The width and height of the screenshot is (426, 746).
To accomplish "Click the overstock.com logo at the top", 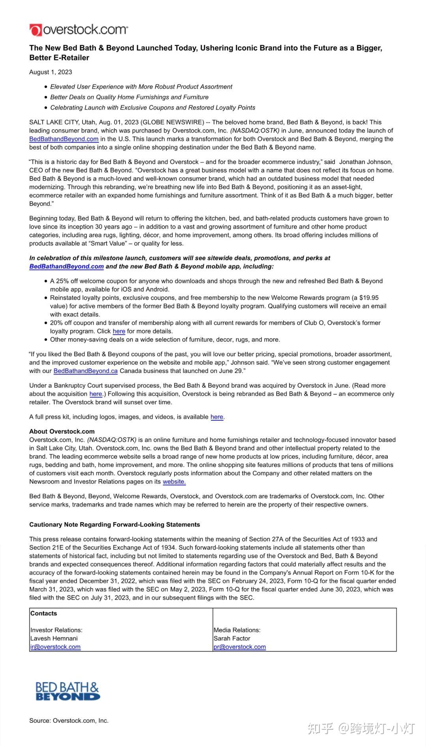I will (78, 30).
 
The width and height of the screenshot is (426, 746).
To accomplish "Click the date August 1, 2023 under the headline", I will (50, 72).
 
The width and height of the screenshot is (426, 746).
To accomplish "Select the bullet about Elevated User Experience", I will (141, 86).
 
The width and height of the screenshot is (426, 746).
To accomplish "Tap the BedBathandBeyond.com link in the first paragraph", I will (64, 139).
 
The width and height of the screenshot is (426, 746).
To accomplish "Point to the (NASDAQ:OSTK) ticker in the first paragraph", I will (255, 131).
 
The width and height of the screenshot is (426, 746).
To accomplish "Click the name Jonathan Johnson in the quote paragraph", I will (366, 162).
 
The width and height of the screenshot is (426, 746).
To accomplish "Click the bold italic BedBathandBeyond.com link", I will (67, 266).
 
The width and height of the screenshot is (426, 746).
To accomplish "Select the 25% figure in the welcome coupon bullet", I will (62, 281).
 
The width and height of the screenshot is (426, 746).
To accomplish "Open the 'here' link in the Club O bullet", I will (119, 331).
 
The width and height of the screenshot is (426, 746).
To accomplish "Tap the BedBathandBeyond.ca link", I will (86, 371).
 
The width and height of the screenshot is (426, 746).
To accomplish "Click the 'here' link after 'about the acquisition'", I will (95, 394).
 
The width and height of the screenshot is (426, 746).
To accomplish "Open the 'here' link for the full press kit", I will (217, 417).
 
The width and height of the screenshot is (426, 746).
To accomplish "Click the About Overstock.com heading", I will (62, 431).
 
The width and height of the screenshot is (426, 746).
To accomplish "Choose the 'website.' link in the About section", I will (174, 482).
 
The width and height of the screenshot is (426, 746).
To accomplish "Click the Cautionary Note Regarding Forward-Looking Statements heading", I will (115, 525).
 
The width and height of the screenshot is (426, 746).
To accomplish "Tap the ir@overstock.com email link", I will (55, 647).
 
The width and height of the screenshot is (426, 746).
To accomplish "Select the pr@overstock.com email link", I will (239, 647).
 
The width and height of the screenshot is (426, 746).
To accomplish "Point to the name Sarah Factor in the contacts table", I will (232, 638).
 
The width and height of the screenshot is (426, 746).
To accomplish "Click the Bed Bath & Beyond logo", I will (67, 691).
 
